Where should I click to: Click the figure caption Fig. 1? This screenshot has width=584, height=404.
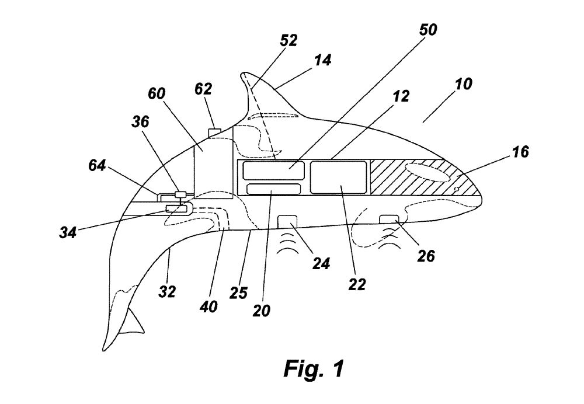[x=314, y=369]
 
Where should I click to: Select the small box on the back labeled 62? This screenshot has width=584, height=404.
[x=215, y=131]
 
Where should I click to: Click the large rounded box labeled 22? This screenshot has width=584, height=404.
[x=339, y=177]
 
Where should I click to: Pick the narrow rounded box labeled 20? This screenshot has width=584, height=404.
[x=273, y=189]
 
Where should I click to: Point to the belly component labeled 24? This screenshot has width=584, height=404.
[x=287, y=221]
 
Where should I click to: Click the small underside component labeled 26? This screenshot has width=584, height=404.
[x=388, y=219]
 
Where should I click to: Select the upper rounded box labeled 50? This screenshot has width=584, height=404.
[x=274, y=170]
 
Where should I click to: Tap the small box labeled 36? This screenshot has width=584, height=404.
[x=180, y=194]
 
